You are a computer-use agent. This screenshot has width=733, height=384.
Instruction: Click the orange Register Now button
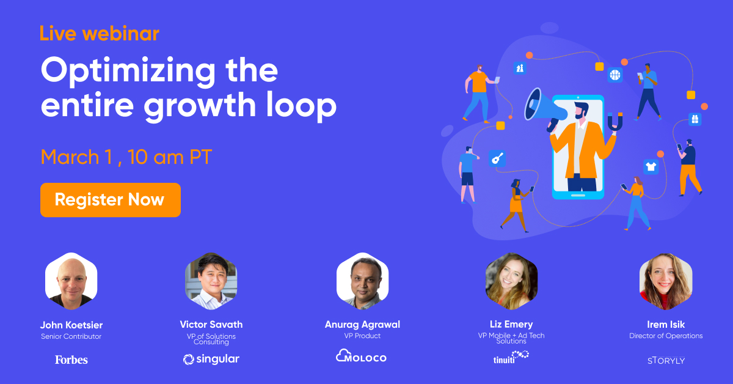[110, 200]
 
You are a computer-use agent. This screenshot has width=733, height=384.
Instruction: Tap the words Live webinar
[100, 33]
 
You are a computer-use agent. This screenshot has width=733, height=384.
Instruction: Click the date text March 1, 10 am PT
[126, 157]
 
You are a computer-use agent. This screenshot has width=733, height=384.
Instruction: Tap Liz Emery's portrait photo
[511, 281]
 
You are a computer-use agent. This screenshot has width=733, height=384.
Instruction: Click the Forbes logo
[71, 360]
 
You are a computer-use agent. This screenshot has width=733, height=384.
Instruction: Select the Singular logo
[211, 359]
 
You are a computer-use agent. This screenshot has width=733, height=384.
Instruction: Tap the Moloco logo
[362, 356]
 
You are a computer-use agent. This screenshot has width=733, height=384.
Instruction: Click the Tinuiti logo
[511, 356]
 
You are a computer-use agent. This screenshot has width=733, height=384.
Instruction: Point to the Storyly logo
[666, 360]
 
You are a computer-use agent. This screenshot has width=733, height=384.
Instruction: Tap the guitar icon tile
[497, 157]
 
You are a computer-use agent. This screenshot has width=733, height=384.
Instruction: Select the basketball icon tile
[614, 75]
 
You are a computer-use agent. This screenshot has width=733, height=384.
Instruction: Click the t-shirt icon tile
[651, 166]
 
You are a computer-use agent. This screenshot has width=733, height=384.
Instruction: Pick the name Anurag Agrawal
[362, 325]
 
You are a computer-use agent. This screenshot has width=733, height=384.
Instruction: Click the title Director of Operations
[666, 336]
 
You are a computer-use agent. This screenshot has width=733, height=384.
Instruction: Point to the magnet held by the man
[615, 121]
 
